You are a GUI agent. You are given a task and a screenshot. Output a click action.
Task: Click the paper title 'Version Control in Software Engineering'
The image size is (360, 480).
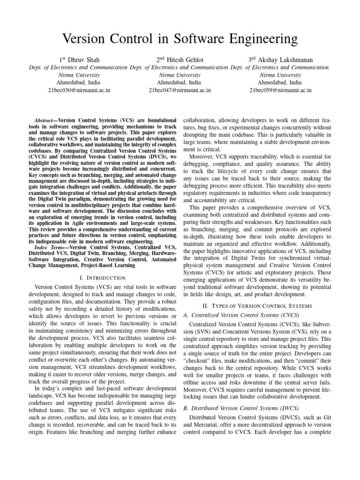(180, 37)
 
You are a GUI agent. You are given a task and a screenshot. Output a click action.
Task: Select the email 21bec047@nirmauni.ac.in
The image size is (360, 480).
(180, 90)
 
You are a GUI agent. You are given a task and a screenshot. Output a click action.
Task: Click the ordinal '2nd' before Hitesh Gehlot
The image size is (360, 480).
(161, 59)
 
